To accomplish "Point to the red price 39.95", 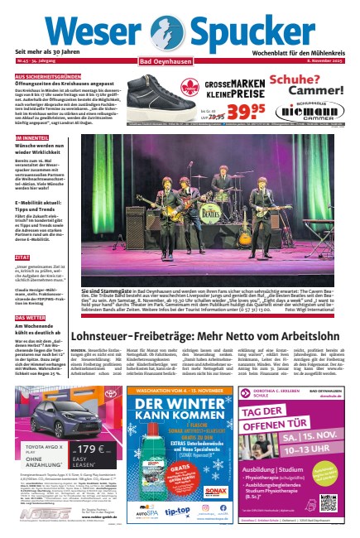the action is click(220, 110).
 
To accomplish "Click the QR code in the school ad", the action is click(329, 501).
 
